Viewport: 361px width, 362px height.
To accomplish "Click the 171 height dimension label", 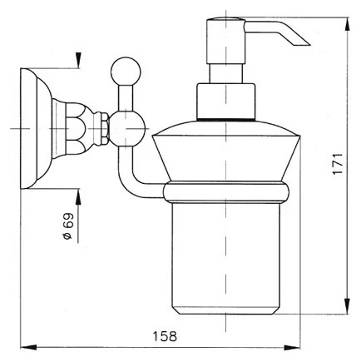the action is point(338,164).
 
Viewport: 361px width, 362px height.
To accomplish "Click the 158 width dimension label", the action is point(165,336).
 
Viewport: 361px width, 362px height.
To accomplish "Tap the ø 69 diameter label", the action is point(67,226).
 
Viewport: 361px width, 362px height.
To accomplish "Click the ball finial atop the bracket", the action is point(126,72).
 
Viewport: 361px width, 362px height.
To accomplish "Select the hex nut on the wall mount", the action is point(104,128).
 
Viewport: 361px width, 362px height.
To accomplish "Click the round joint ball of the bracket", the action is point(127,128).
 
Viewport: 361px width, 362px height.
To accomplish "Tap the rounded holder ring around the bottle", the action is point(226,192).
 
